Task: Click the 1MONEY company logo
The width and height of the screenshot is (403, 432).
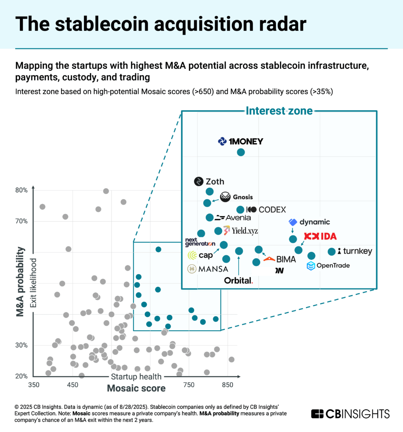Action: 240,142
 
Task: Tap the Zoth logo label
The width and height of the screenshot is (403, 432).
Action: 209,182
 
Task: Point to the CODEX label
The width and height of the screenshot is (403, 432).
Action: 266,210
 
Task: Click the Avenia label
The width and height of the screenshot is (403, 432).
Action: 233,218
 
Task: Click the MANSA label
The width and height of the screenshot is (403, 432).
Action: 208,269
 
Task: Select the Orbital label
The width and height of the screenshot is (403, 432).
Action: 239,280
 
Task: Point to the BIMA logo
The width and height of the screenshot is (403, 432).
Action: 280,259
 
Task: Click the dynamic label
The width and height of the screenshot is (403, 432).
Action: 310,222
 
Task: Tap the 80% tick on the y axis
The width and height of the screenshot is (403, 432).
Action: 22,190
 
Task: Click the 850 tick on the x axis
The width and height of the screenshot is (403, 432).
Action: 228,385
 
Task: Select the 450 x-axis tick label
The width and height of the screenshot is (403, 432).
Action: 73,385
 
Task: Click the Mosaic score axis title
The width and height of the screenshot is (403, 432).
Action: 136,388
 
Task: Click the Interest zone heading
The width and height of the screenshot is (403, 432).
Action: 279,111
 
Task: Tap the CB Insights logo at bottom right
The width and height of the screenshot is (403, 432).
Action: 350,413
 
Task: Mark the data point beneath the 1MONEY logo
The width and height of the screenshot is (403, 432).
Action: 241,152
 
